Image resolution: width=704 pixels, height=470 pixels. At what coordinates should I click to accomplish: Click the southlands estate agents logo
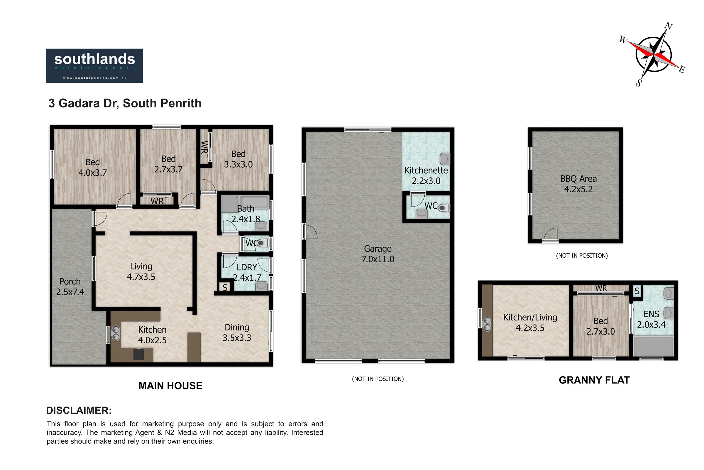pyautogui.click(x=94, y=66)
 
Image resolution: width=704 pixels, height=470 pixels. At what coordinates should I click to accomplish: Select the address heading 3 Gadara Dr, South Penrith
pyautogui.click(x=125, y=103)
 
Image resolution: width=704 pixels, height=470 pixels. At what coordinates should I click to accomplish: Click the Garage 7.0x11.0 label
pyautogui.click(x=378, y=254)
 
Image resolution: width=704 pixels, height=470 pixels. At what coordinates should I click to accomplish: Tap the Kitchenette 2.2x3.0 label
pyautogui.click(x=426, y=176)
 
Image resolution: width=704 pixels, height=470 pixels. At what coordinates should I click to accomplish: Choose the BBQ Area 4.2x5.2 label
pyautogui.click(x=578, y=184)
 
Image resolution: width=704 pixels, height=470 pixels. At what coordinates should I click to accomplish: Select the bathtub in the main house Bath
pyautogui.click(x=254, y=202)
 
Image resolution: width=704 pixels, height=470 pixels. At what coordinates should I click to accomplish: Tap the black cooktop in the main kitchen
pyautogui.click(x=138, y=354)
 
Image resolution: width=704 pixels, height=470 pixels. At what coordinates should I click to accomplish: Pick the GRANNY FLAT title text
pyautogui.click(x=594, y=380)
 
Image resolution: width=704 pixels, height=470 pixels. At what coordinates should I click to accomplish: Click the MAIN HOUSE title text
pyautogui.click(x=170, y=385)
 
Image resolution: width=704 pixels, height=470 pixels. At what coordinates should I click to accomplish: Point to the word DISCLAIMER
pyautogui.click(x=79, y=410)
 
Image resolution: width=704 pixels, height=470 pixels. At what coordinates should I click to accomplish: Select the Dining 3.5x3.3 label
pyautogui.click(x=237, y=333)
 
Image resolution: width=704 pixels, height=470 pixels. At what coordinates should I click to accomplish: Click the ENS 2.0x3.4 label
pyautogui.click(x=651, y=319)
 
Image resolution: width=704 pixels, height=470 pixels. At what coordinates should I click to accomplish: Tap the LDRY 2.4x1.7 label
pyautogui.click(x=247, y=272)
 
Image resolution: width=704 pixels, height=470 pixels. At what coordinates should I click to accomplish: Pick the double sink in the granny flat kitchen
pyautogui.click(x=487, y=324)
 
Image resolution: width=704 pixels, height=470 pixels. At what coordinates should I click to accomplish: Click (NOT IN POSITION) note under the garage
pyautogui.click(x=378, y=379)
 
